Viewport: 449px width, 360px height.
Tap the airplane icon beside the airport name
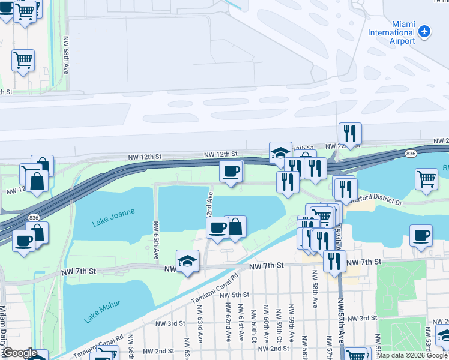(x=425, y=31)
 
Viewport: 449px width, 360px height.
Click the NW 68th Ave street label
(x=65, y=54)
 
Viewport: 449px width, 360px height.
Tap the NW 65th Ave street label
(x=156, y=240)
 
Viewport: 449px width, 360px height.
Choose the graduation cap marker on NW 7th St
(x=187, y=262)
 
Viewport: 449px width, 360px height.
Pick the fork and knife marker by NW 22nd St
(x=349, y=133)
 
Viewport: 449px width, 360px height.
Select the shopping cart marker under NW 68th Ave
(x=23, y=60)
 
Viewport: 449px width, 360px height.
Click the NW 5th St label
(x=234, y=295)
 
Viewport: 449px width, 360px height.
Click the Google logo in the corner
(x=20, y=353)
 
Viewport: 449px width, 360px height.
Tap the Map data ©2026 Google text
(x=411, y=355)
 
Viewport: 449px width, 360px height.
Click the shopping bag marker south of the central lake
(x=235, y=227)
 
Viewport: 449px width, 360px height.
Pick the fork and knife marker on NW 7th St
(x=334, y=261)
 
